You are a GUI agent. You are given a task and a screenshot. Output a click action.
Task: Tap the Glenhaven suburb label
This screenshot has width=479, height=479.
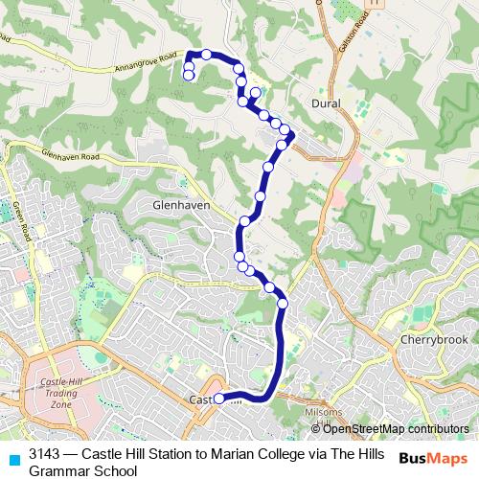[x=173, y=204]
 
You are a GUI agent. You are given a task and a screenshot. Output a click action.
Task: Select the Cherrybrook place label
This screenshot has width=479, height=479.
[x=433, y=340]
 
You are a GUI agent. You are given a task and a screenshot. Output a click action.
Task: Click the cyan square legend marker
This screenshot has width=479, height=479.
[x=13, y=457]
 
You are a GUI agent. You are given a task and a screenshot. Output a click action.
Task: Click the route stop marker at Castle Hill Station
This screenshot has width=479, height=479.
[x=218, y=399]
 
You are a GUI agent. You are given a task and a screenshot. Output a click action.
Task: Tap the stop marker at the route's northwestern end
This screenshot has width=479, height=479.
[x=189, y=75]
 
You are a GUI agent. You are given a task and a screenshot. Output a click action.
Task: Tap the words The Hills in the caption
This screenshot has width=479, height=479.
[x=360, y=455]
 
